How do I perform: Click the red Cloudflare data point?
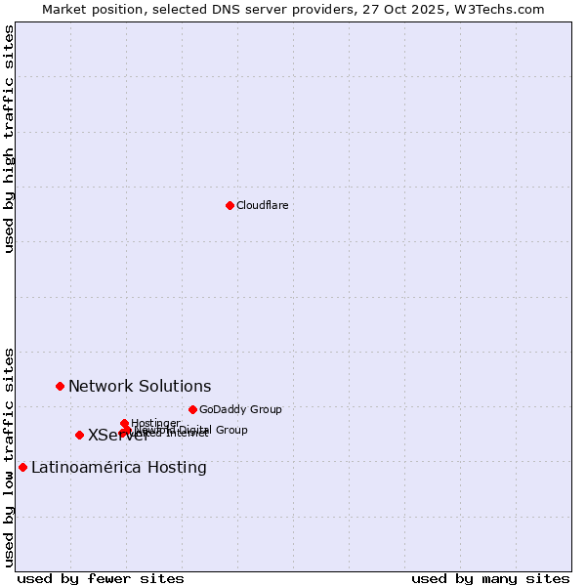point(230,205)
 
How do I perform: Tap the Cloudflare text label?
point(262,205)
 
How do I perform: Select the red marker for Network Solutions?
point(60,386)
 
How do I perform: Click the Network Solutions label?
point(139,387)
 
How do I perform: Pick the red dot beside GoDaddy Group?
point(192,409)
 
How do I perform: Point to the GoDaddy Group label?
point(240,410)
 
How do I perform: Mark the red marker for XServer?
point(79,435)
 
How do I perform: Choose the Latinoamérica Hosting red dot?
point(22,467)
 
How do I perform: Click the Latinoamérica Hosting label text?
point(118,468)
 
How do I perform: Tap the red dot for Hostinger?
point(124,423)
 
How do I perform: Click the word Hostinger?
point(155,423)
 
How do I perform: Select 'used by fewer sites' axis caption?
point(101,578)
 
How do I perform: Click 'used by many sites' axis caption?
point(490,578)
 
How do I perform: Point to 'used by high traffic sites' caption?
point(9,139)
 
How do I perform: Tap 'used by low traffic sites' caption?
point(9,456)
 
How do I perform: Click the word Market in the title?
point(64,9)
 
